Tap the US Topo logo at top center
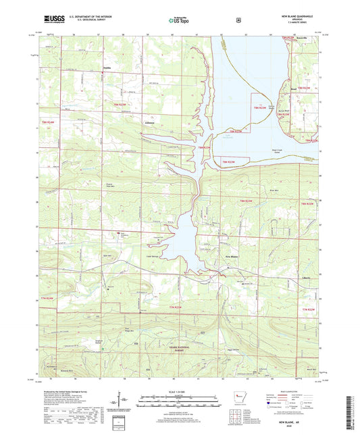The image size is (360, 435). pyautogui.click(x=179, y=21)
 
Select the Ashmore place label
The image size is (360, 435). pyautogui.click(x=149, y=124)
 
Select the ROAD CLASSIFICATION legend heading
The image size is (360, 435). pyautogui.click(x=289, y=391)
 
